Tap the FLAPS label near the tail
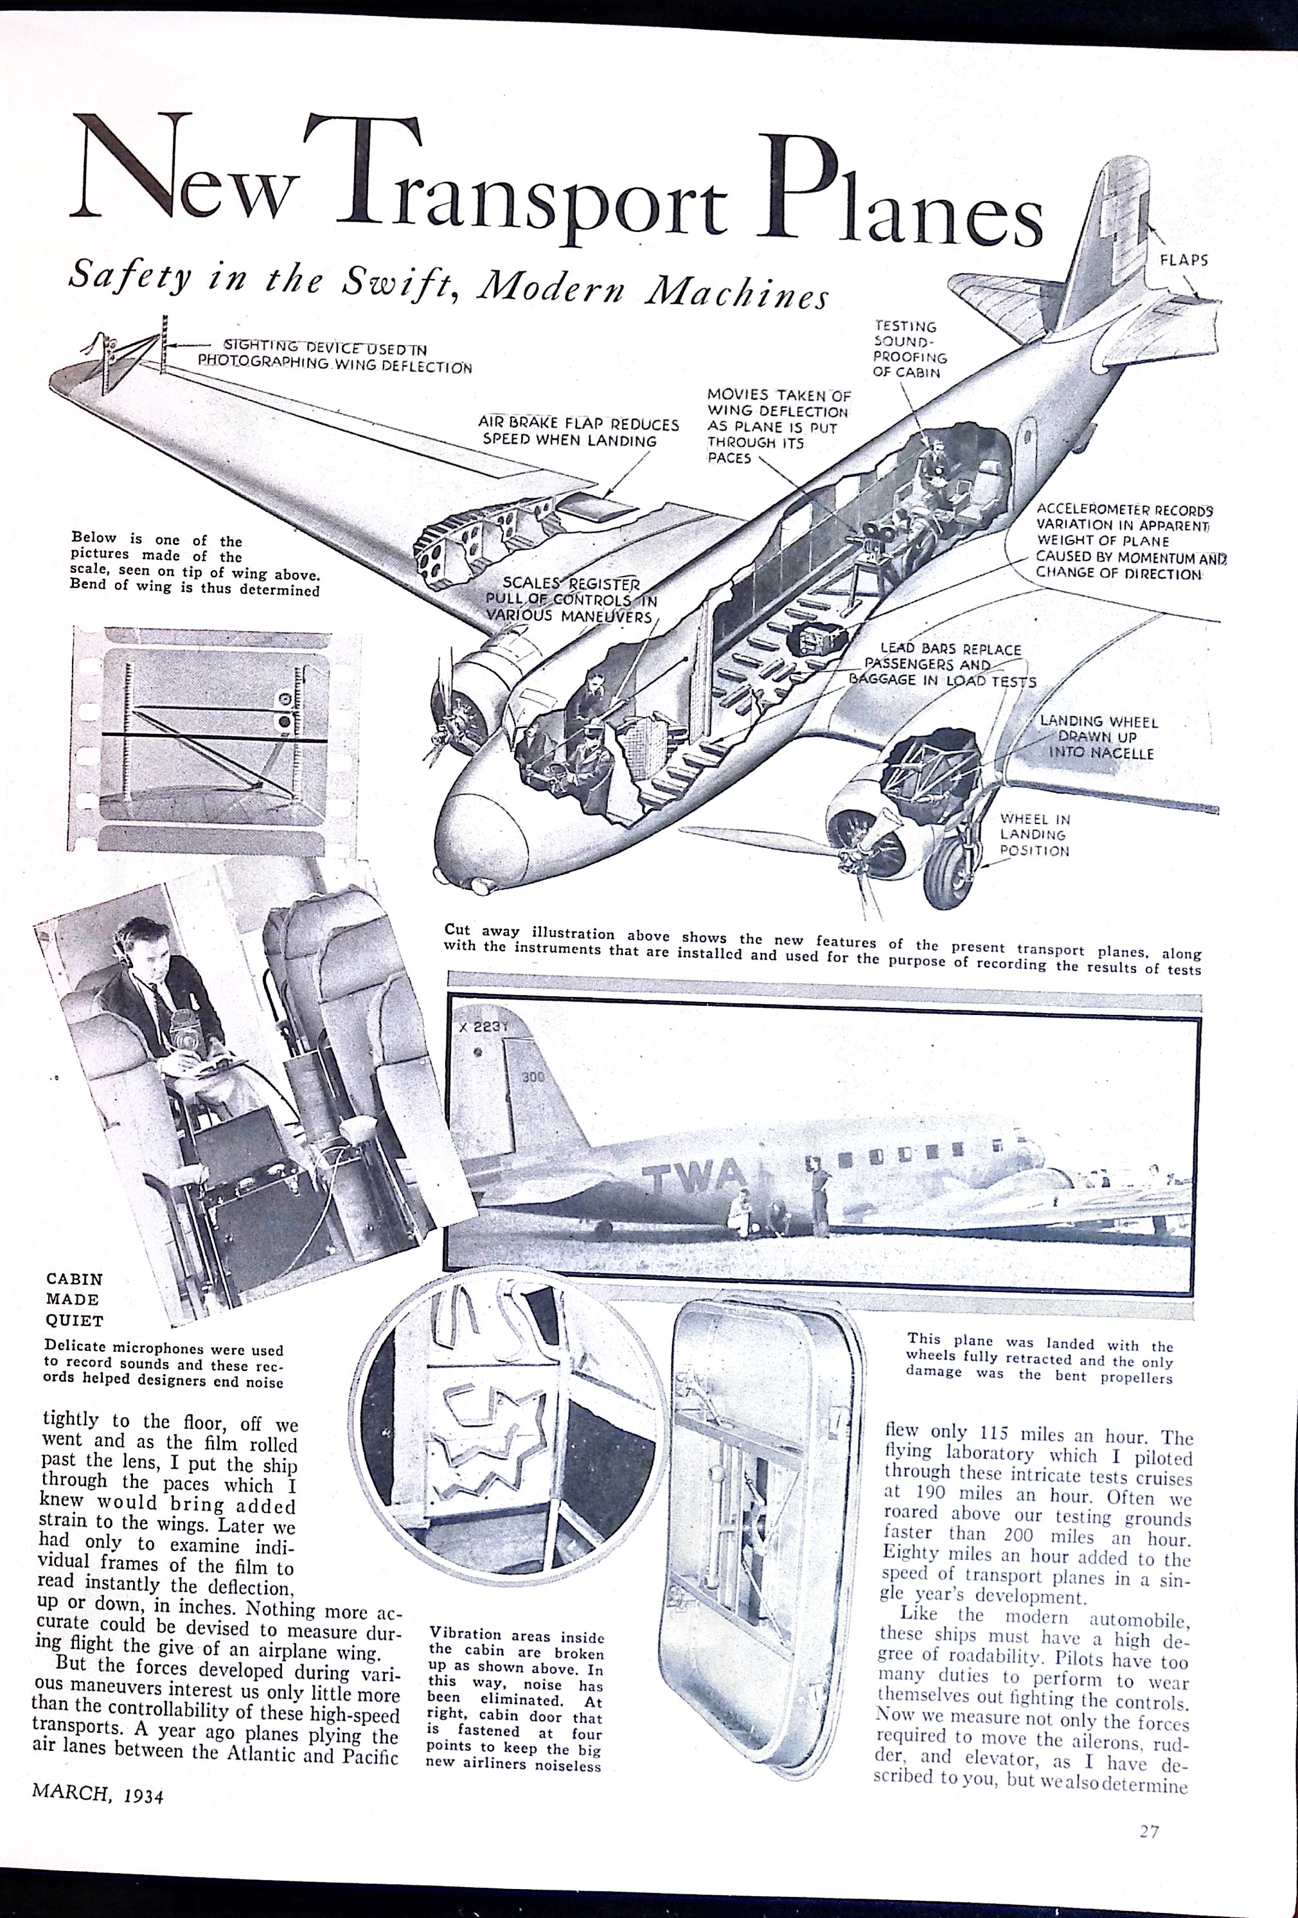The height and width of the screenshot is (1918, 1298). pyautogui.click(x=1184, y=259)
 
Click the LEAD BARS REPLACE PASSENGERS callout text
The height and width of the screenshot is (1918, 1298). pyautogui.click(x=941, y=665)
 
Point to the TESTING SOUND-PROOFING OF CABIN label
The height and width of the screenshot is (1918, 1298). pyautogui.click(x=909, y=349)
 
